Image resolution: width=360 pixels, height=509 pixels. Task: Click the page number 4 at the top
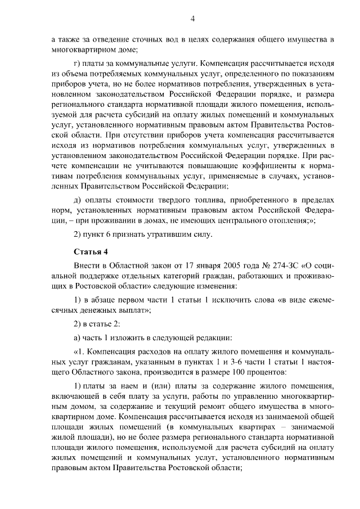tap(192, 19)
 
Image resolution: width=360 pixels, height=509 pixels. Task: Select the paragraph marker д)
tap(78, 200)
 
